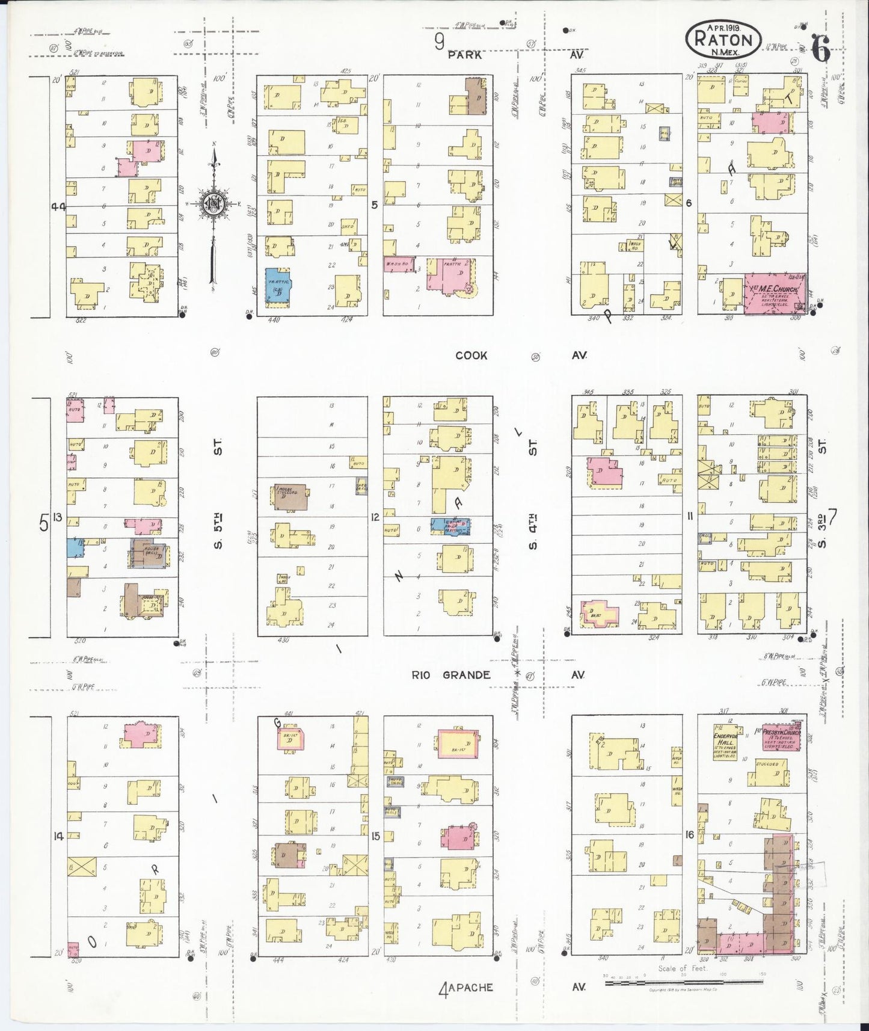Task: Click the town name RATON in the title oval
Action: click(723, 40)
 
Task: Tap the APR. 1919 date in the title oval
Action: click(723, 28)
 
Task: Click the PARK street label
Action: click(465, 55)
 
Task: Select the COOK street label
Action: click(471, 355)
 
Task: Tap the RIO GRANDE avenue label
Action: click(450, 675)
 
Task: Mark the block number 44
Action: click(58, 206)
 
